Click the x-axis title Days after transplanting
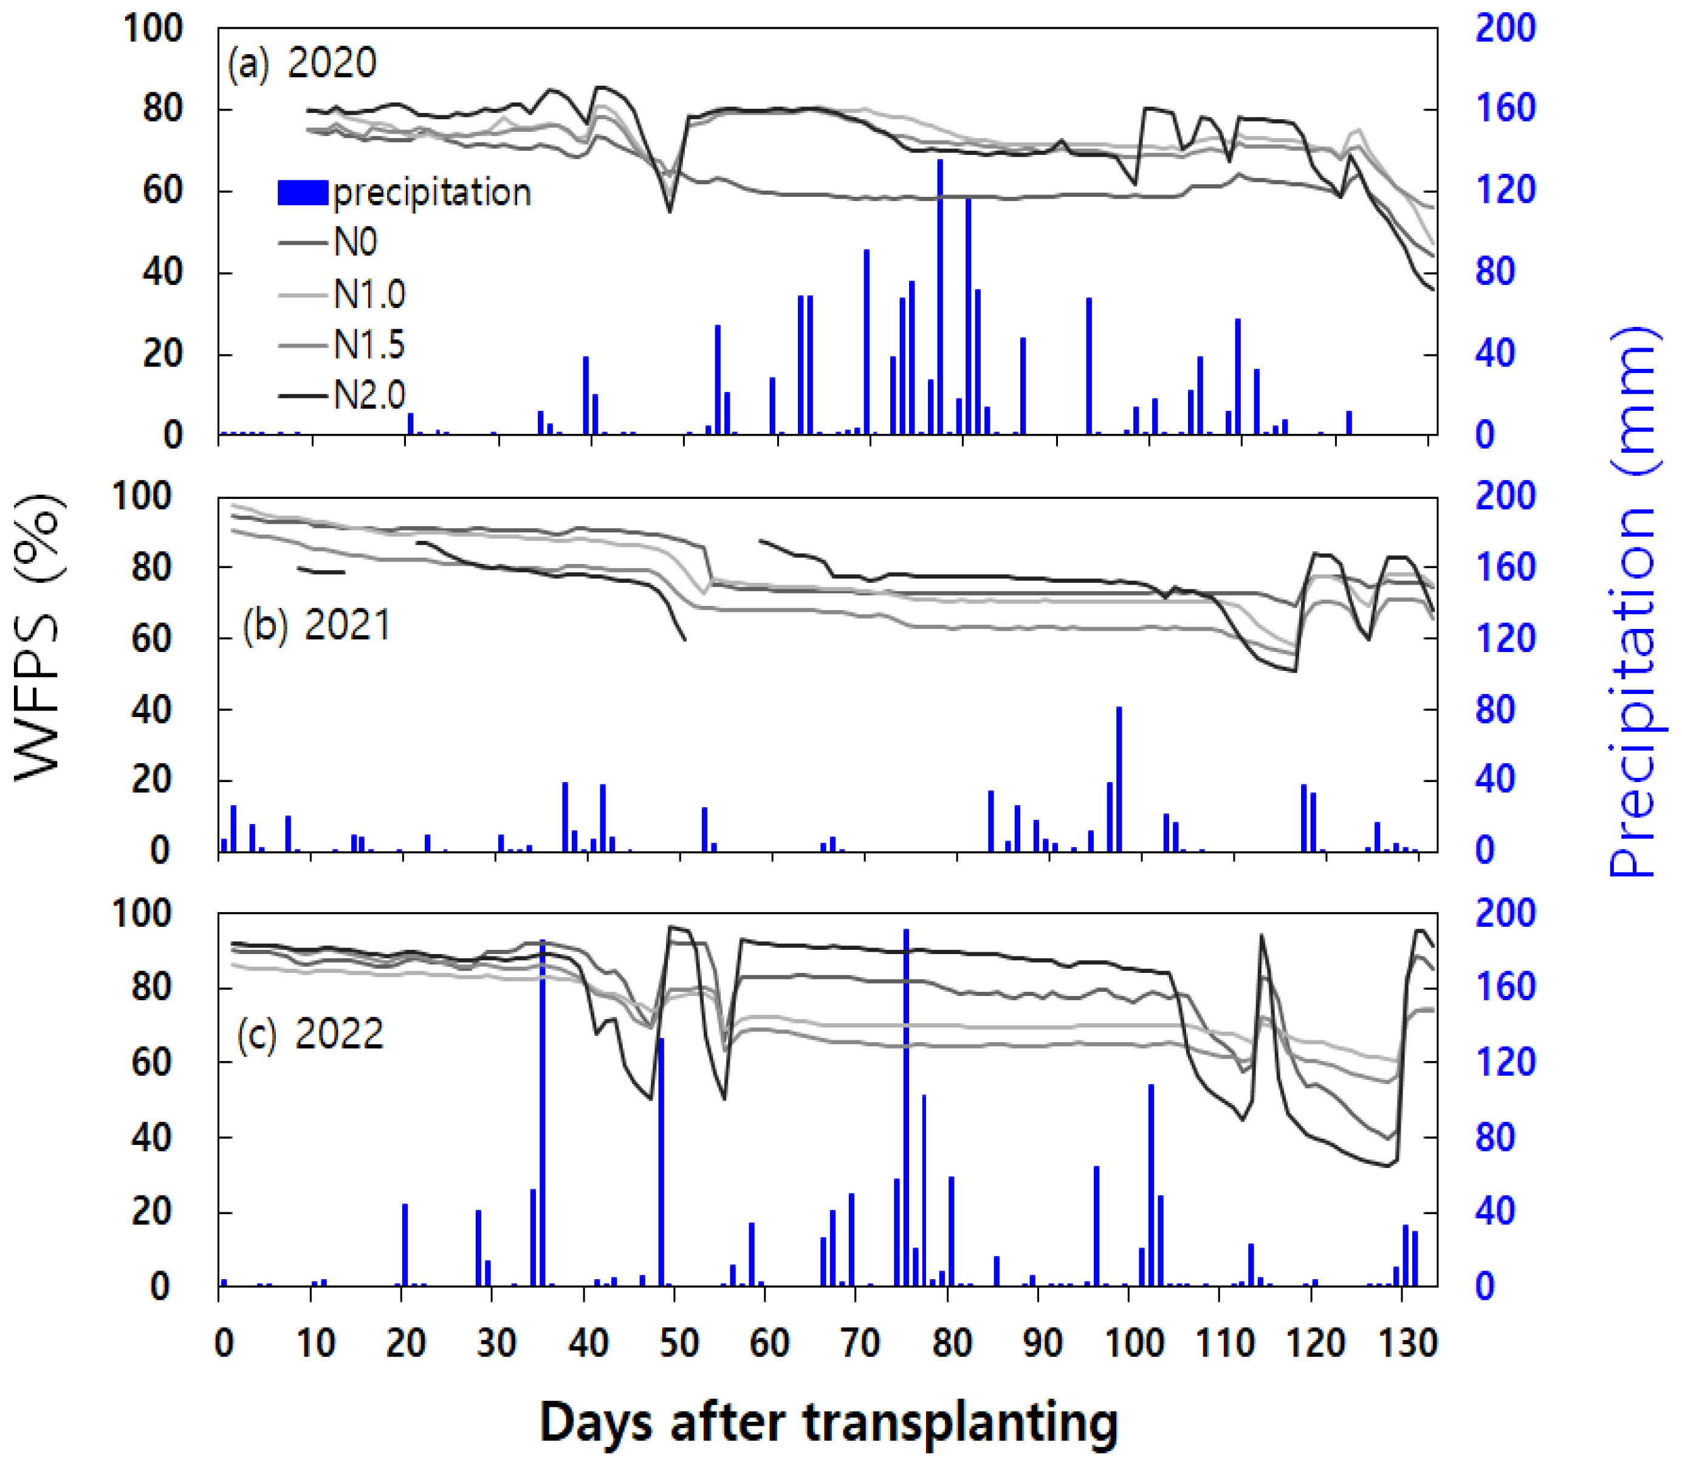[x=828, y=1423]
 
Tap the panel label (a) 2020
[x=302, y=64]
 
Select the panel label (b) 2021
[x=317, y=625]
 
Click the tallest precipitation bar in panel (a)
[x=940, y=295]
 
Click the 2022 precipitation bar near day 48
[x=661, y=1161]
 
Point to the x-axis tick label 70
[x=861, y=1344]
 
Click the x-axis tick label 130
[x=1407, y=1344]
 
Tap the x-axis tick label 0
[x=223, y=1344]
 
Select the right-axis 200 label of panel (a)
[x=1505, y=29]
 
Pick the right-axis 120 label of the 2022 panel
[x=1505, y=1062]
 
